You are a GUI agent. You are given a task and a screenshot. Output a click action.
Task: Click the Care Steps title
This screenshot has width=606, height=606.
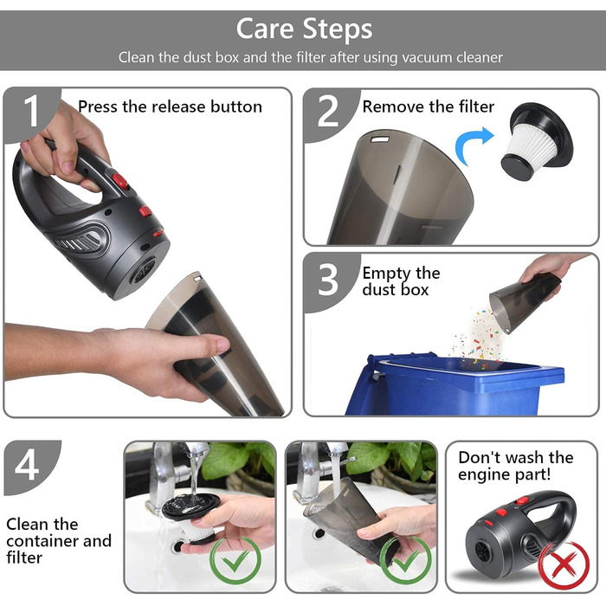coord(304,29)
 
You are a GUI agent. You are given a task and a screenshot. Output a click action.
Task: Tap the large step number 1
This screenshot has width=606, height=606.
coord(31,111)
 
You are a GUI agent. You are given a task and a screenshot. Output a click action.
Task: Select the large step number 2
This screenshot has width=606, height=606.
coord(328,112)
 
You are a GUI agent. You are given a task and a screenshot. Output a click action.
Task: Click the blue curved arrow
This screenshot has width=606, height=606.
coord(473,144)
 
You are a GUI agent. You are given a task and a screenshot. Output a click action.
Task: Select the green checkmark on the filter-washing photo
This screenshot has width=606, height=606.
coord(235,560)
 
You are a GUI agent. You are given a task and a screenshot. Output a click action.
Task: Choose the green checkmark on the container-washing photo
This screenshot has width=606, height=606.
coord(405,560)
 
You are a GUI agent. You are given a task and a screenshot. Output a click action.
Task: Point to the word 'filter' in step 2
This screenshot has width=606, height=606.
coord(476,106)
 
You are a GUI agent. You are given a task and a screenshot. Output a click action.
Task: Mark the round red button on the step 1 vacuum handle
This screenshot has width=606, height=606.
coord(119,180)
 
